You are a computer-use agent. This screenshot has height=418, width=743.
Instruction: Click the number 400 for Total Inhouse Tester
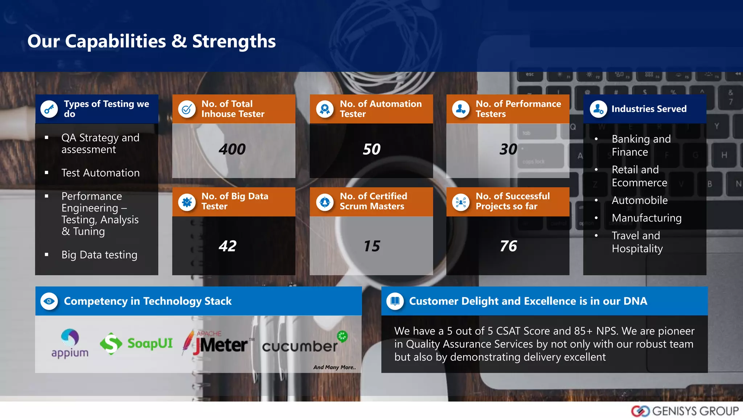click(x=232, y=149)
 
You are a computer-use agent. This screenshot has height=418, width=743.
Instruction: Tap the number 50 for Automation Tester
click(x=371, y=149)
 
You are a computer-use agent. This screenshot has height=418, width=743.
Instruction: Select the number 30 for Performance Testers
click(x=508, y=149)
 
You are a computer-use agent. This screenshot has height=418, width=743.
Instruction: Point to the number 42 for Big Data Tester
click(x=227, y=246)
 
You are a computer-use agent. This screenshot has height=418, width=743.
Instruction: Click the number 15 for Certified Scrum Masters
click(x=371, y=246)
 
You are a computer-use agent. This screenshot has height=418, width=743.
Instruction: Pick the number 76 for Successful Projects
click(x=508, y=246)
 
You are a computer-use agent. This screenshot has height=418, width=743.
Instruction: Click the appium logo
click(x=70, y=343)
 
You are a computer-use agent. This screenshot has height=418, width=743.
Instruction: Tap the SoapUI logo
click(x=136, y=343)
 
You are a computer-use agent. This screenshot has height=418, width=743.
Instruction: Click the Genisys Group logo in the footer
click(x=685, y=411)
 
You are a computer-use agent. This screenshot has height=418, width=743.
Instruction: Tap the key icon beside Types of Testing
click(x=49, y=109)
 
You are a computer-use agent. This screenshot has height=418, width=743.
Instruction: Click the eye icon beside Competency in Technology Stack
click(x=49, y=301)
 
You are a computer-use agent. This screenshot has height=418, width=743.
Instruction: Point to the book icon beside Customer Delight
click(x=395, y=301)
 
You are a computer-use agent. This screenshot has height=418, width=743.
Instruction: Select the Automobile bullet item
click(x=640, y=200)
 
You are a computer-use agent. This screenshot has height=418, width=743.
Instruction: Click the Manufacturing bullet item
click(x=646, y=218)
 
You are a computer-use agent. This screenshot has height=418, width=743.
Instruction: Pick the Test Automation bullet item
click(x=100, y=173)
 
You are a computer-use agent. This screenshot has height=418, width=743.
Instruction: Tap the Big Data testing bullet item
click(x=99, y=255)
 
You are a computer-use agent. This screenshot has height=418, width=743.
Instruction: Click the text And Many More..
click(x=334, y=367)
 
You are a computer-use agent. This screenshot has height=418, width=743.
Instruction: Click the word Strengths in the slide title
click(x=234, y=41)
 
